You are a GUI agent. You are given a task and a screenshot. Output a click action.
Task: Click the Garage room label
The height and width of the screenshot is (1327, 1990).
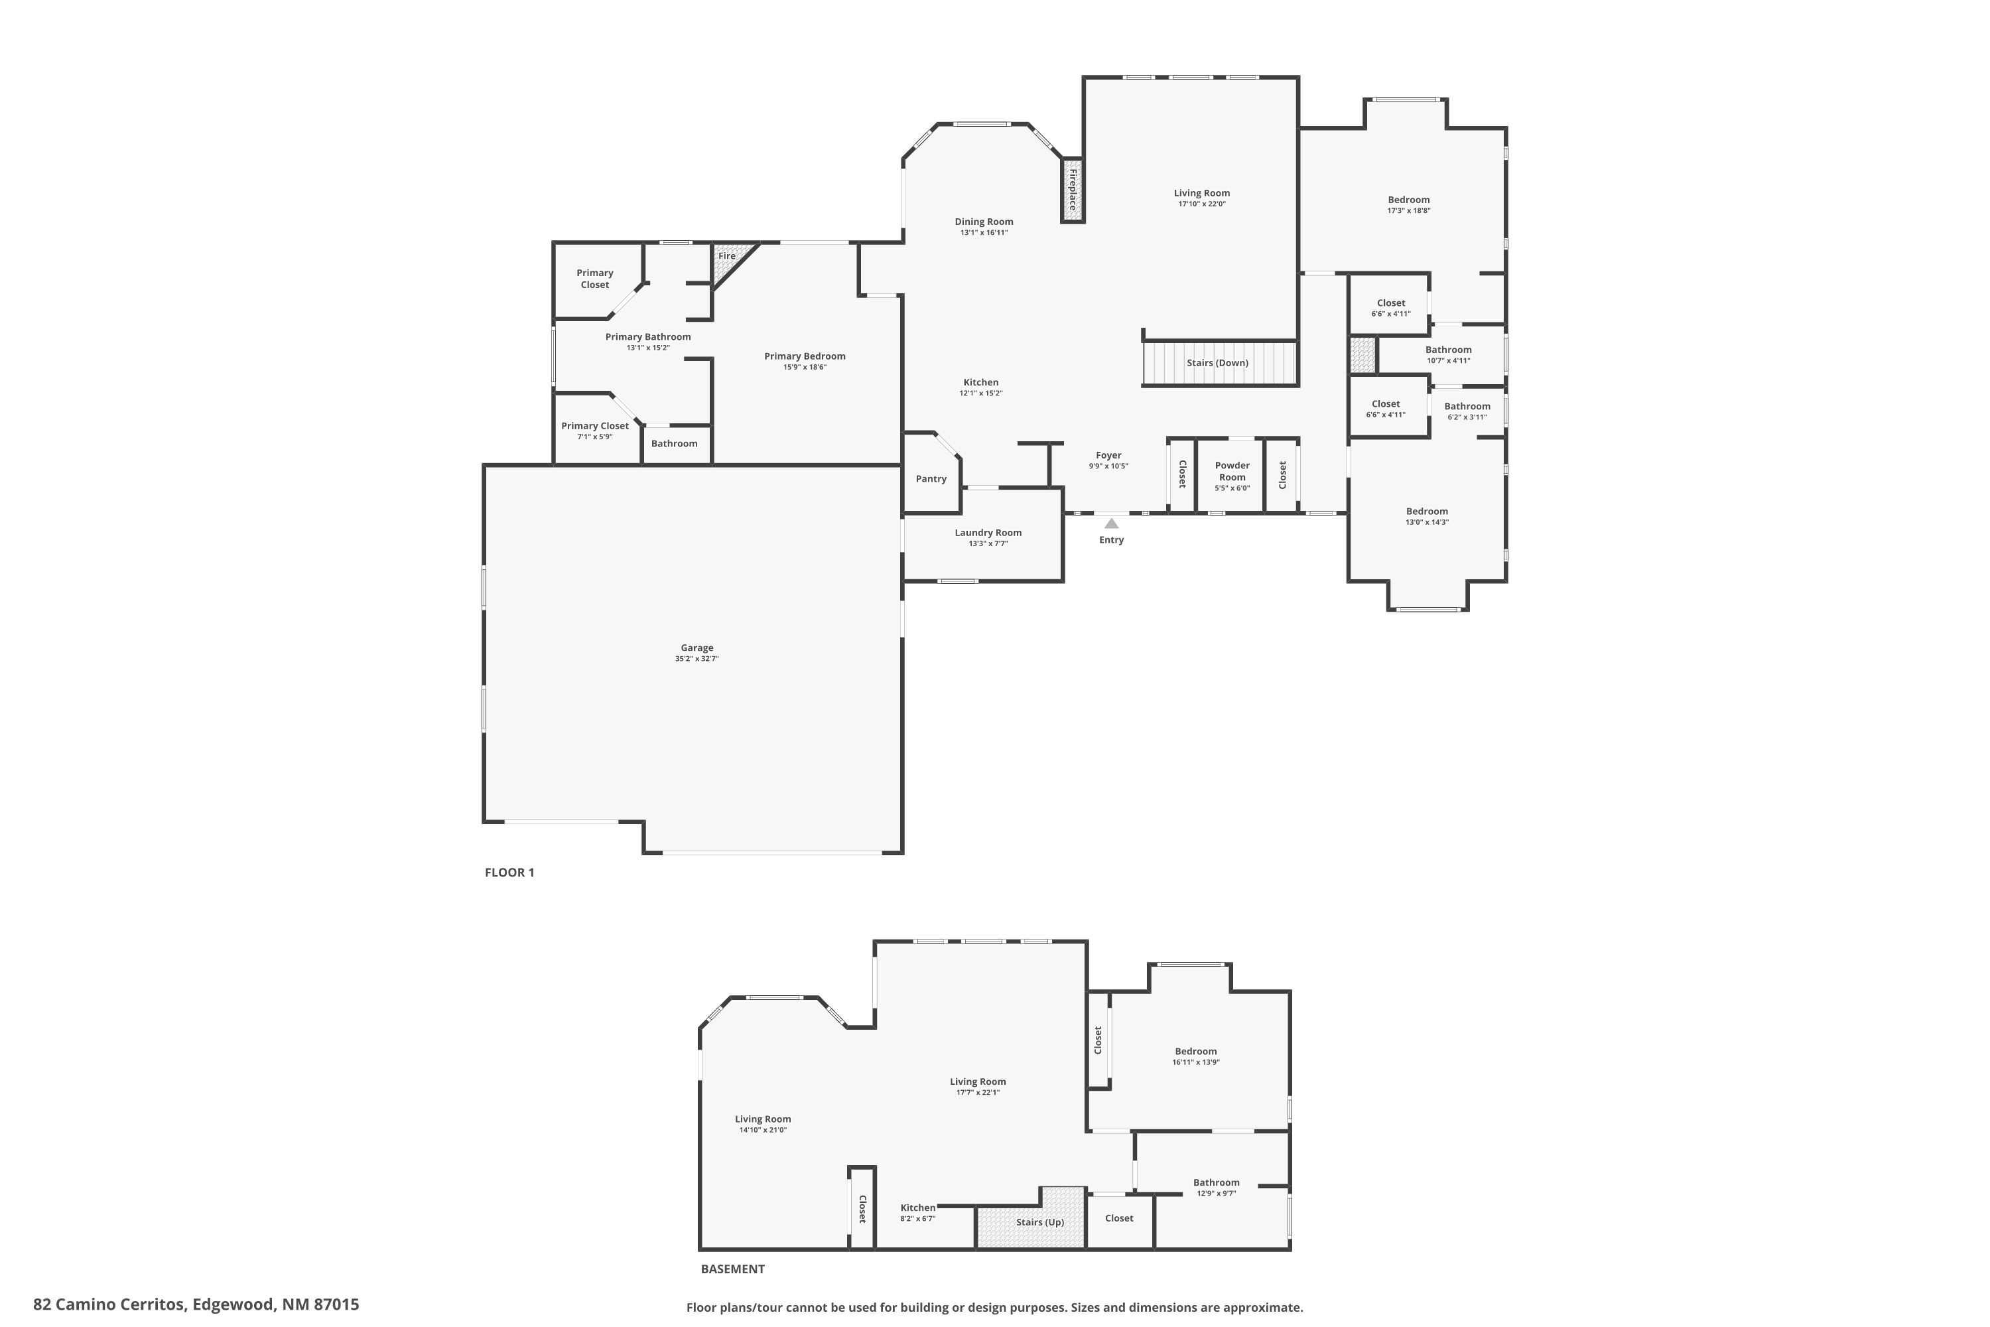(696, 648)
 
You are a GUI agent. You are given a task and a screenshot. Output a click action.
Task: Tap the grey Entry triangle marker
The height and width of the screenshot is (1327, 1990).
(1112, 524)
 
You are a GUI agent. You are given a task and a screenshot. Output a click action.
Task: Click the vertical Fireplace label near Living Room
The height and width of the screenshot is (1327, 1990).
(1073, 190)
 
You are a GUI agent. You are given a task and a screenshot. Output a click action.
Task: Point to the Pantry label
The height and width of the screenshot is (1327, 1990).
(931, 479)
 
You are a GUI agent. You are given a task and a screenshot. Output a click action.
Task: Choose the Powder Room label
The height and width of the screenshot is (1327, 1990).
(1232, 471)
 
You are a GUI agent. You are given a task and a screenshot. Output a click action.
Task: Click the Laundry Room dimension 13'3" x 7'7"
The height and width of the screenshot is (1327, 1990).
(988, 543)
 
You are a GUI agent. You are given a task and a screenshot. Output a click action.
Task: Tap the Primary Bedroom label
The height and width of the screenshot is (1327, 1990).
(805, 356)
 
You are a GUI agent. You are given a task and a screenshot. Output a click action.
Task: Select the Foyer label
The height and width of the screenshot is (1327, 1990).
(1108, 455)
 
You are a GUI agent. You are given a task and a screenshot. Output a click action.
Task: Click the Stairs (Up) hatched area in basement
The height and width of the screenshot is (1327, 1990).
(1040, 1222)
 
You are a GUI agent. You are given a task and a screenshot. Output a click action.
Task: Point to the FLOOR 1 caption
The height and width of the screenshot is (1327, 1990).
(509, 873)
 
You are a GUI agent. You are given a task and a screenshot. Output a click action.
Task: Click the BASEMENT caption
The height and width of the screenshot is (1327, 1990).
(733, 1269)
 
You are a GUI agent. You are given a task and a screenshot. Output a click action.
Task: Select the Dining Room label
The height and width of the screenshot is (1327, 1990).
(984, 222)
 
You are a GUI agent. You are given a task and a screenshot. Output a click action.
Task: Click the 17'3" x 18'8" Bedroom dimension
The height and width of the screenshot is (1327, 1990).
(1409, 211)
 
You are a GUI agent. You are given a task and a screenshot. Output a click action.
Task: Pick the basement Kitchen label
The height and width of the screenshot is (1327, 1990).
(918, 1208)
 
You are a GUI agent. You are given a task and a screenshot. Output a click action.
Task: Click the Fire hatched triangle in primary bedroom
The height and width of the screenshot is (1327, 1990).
(724, 264)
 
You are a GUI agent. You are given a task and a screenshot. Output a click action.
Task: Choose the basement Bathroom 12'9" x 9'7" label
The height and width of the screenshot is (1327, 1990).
(1216, 1182)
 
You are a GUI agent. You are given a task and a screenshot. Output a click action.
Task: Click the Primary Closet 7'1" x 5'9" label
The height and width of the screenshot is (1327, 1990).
(595, 426)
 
